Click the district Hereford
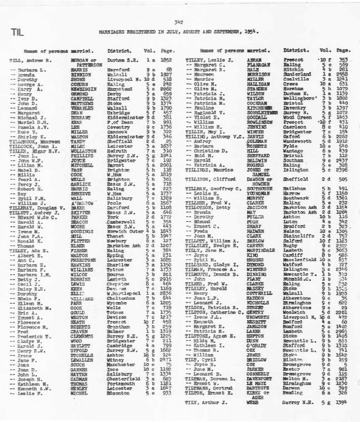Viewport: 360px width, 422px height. pyautogui.click(x=119, y=69)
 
